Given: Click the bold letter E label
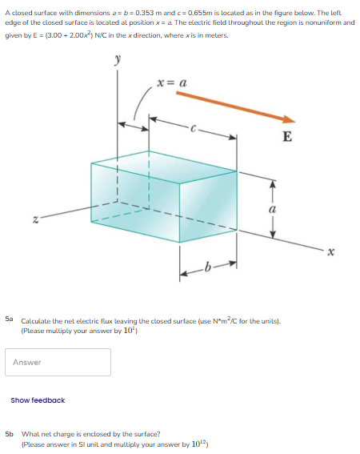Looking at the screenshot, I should point(286,136).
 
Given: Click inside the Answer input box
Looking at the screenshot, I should point(58,362).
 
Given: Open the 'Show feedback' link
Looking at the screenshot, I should point(38,400).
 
